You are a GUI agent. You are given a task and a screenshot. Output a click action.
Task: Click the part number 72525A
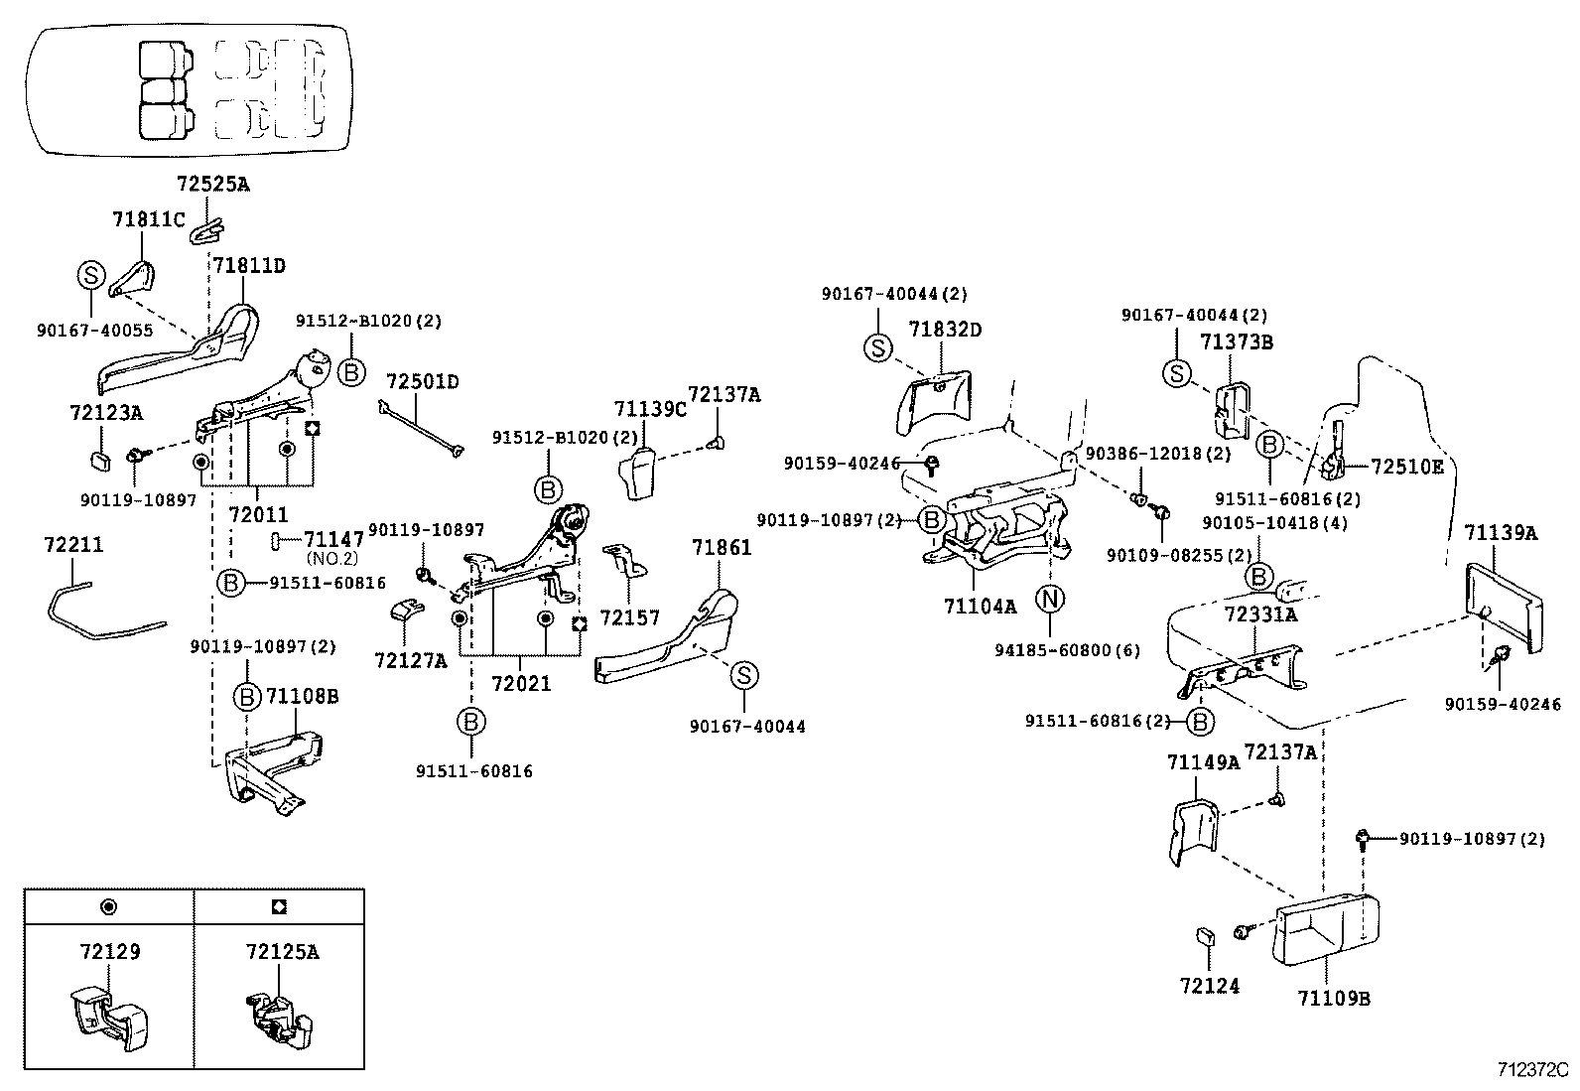212,184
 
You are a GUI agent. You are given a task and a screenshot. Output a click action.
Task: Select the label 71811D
248,265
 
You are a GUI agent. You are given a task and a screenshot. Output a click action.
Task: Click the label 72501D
423,382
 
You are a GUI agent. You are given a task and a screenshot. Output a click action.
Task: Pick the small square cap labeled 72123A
100,460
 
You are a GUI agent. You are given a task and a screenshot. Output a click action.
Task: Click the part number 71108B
302,696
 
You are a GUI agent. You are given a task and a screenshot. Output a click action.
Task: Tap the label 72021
521,684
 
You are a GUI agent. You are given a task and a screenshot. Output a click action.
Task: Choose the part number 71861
722,547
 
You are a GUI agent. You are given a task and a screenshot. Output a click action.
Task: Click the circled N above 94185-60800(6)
1050,599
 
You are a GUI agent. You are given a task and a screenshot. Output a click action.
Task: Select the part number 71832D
945,329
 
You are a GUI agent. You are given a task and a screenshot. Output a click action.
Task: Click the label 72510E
1406,466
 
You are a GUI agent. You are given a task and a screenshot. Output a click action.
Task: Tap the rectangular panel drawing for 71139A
1503,608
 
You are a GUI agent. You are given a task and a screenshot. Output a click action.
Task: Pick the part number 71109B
1333,998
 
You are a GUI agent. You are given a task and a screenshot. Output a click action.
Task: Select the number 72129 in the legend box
109,951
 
